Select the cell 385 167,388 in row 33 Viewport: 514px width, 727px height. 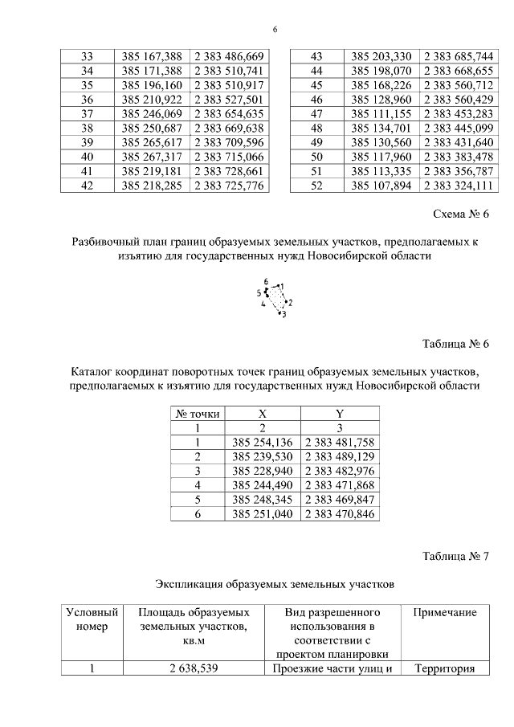click(x=153, y=56)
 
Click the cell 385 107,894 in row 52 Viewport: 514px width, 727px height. click(x=381, y=186)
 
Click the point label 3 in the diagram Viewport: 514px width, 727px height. click(x=284, y=314)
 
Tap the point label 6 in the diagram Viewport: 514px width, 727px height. click(x=266, y=281)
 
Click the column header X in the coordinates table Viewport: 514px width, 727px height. click(x=263, y=414)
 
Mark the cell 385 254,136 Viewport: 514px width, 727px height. click(x=263, y=443)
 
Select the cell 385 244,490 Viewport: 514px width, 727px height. click(x=263, y=486)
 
